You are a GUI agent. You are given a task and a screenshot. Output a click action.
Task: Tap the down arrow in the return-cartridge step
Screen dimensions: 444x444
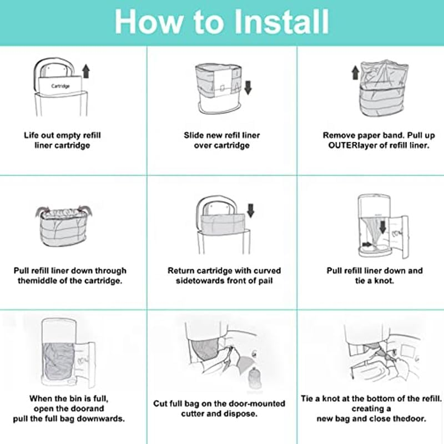pyautogui.click(x=250, y=210)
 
